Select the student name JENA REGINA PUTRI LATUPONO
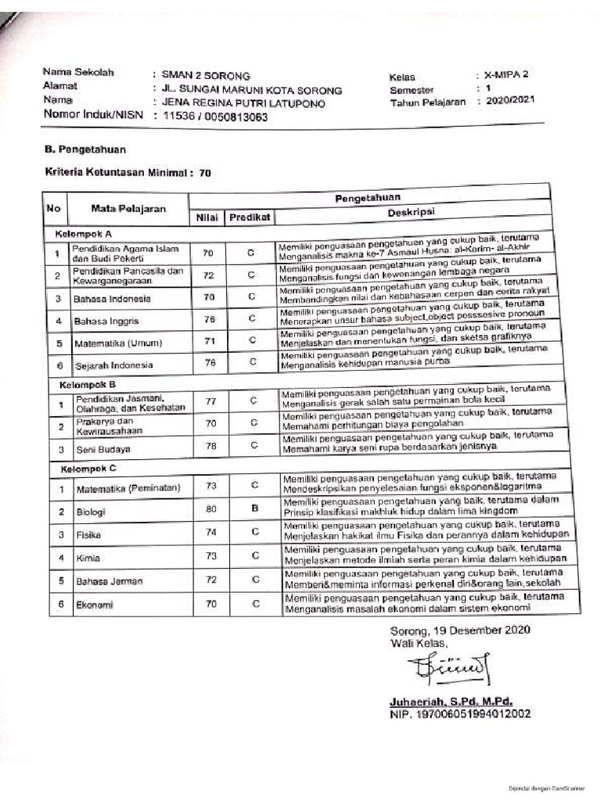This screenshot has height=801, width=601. click(242, 103)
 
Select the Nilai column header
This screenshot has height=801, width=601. click(206, 217)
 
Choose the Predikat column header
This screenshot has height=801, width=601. click(250, 217)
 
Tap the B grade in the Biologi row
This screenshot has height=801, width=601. click(255, 508)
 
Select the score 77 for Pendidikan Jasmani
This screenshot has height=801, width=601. click(209, 400)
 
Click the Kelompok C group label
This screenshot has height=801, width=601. click(86, 468)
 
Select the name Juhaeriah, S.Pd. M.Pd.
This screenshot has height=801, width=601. click(452, 702)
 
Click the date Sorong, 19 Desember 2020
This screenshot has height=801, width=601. click(460, 630)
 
